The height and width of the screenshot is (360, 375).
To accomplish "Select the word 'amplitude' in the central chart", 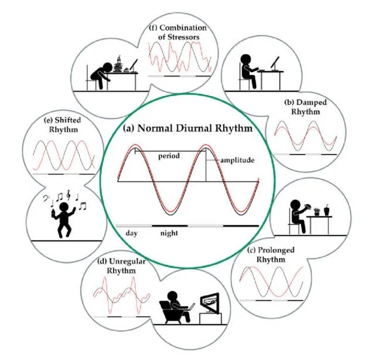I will click(x=237, y=160).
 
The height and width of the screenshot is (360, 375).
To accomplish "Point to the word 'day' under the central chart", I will click(x=131, y=233).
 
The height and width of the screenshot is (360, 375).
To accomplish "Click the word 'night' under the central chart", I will click(x=169, y=233).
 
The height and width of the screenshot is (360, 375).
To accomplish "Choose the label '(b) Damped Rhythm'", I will click(x=305, y=107).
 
